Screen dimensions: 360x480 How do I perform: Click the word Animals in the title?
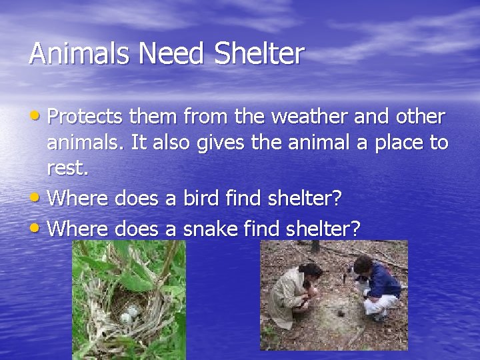pos(74,54)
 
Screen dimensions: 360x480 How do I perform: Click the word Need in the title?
pos(157,54)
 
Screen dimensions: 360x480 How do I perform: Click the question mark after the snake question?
pos(355,229)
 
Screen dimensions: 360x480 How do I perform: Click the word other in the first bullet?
pos(418,117)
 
